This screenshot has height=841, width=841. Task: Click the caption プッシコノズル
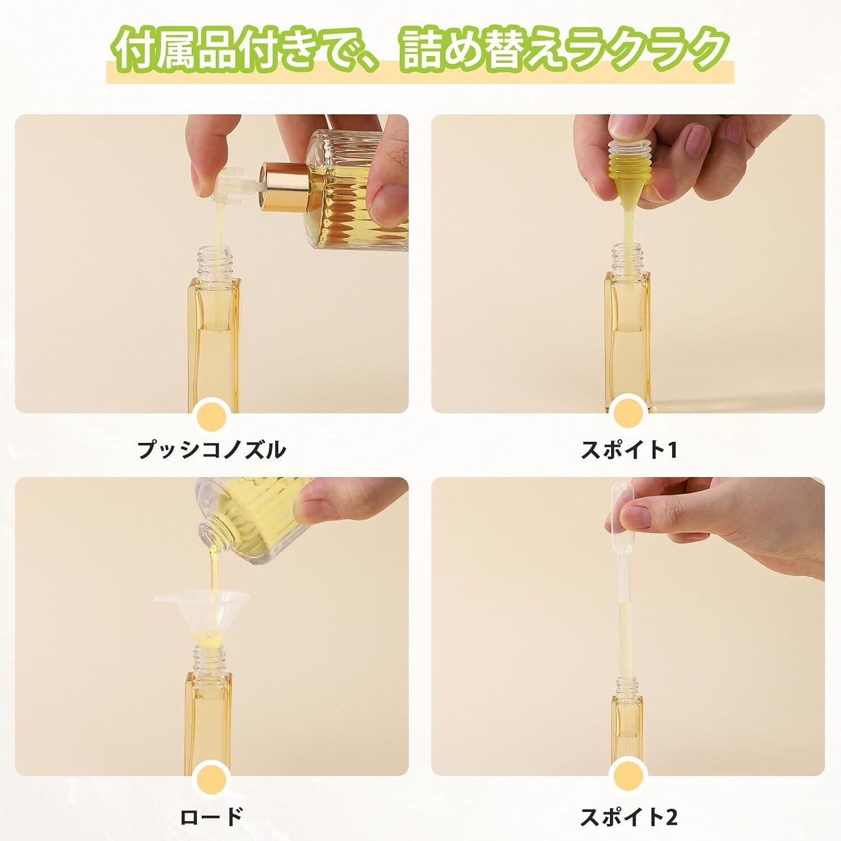[211, 450]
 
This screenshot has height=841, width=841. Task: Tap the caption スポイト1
[629, 450]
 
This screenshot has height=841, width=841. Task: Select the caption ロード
[211, 816]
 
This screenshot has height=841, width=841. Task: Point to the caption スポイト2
[629, 817]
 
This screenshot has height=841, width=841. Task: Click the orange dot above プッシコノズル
[211, 417]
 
